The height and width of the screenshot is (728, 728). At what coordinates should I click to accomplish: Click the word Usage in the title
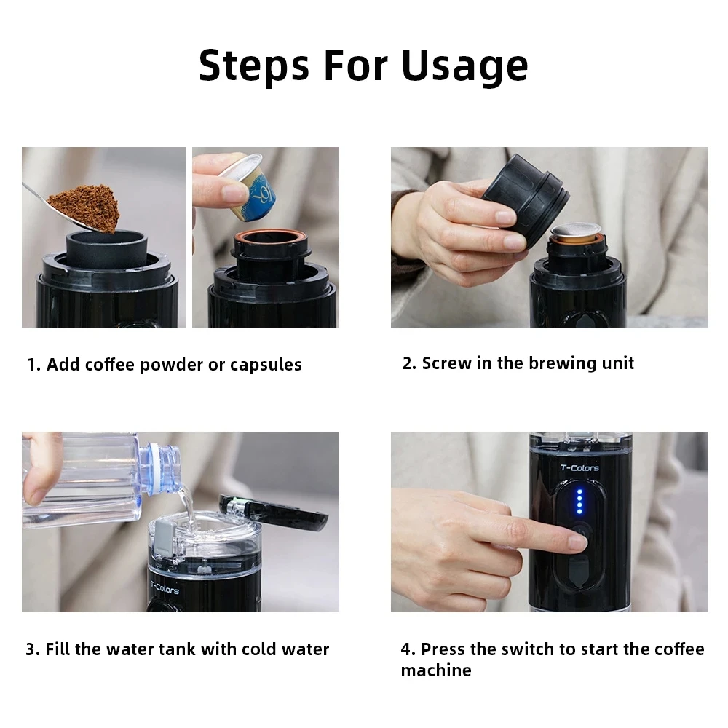tap(464, 66)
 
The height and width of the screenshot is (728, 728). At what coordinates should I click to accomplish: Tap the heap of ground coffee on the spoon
tap(85, 206)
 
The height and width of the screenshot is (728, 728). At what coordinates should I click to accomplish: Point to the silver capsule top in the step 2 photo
tap(575, 230)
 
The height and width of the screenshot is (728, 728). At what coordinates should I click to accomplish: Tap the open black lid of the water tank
tap(273, 513)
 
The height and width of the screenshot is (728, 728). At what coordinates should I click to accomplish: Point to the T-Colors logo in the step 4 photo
tap(579, 467)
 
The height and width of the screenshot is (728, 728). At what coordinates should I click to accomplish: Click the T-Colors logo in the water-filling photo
tap(165, 588)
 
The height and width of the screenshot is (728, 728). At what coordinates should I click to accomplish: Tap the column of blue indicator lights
tap(579, 502)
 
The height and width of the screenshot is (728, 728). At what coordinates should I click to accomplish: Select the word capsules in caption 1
tap(266, 365)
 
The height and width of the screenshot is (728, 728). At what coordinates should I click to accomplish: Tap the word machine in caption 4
tap(436, 670)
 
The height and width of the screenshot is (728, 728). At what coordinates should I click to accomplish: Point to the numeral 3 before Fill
tap(30, 649)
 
